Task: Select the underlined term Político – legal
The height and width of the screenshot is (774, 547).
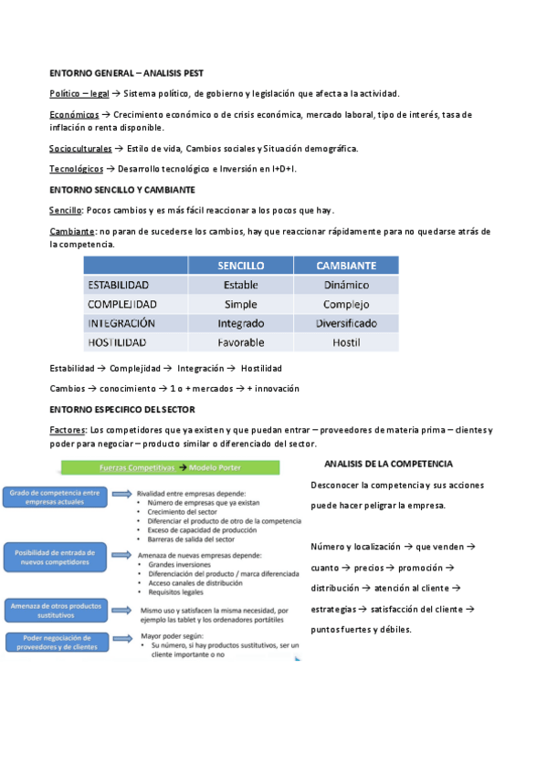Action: pyautogui.click(x=79, y=93)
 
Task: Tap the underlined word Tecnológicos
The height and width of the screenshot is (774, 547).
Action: pyautogui.click(x=77, y=169)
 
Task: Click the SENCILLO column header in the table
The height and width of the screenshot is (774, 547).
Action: pyautogui.click(x=241, y=265)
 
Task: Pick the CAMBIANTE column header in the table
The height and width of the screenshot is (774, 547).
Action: pyautogui.click(x=345, y=265)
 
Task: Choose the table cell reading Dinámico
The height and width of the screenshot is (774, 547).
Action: pyautogui.click(x=345, y=285)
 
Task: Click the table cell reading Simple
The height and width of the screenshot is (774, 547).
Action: pyautogui.click(x=241, y=304)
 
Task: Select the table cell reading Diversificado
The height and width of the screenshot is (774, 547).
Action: pyautogui.click(x=345, y=323)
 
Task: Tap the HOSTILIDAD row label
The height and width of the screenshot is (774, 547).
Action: pyautogui.click(x=118, y=342)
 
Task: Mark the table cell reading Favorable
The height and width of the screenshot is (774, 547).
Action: pyautogui.click(x=241, y=342)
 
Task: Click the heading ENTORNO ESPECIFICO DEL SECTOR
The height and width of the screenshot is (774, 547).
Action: pyautogui.click(x=128, y=409)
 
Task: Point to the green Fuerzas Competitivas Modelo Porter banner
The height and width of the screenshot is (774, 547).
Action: pyautogui.click(x=170, y=467)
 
